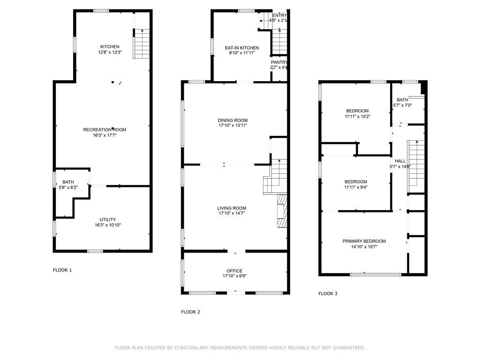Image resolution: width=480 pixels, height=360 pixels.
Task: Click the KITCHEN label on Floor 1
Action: pyautogui.click(x=109, y=46)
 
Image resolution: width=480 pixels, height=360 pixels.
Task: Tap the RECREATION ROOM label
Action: pyautogui.click(x=105, y=129)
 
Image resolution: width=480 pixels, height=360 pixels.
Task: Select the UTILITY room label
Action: pyautogui.click(x=107, y=219)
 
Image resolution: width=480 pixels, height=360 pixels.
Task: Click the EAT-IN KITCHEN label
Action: pyautogui.click(x=241, y=48)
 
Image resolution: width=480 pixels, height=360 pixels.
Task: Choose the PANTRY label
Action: pyautogui.click(x=279, y=62)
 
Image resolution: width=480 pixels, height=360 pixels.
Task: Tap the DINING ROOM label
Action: pyautogui.click(x=232, y=120)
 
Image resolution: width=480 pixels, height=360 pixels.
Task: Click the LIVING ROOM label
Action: pyautogui.click(x=231, y=208)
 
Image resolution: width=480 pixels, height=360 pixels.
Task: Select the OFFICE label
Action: pyautogui.click(x=234, y=271)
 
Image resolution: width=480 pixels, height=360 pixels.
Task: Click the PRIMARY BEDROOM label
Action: pyautogui.click(x=364, y=241)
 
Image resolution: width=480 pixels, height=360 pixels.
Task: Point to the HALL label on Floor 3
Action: pyautogui.click(x=400, y=161)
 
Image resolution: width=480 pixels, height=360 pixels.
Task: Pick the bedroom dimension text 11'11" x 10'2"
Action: pyautogui.click(x=358, y=116)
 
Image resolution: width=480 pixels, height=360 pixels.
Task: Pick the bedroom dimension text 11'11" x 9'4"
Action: pyautogui.click(x=356, y=187)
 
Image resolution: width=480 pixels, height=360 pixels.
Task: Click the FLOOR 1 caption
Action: pyautogui.click(x=62, y=270)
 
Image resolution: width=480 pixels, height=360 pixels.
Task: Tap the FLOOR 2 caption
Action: pyautogui.click(x=191, y=311)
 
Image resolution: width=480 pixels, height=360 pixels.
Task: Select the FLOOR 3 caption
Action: pyautogui.click(x=328, y=294)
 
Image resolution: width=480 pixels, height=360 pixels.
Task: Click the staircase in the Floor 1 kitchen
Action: pyautogui.click(x=142, y=44)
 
